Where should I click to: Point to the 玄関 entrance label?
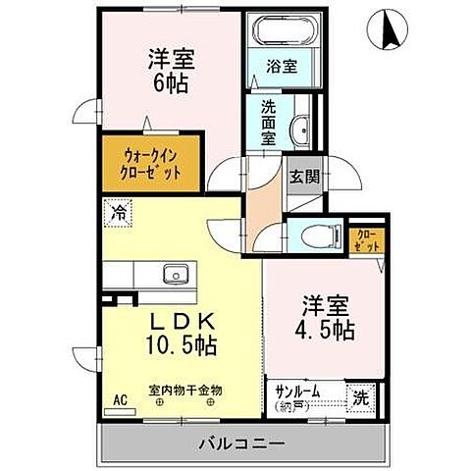pyautogui.click(x=304, y=178)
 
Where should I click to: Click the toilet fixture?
pyautogui.click(x=316, y=235)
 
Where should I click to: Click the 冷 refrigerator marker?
pyautogui.click(x=118, y=211)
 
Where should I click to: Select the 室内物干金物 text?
pyautogui.click(x=184, y=390)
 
